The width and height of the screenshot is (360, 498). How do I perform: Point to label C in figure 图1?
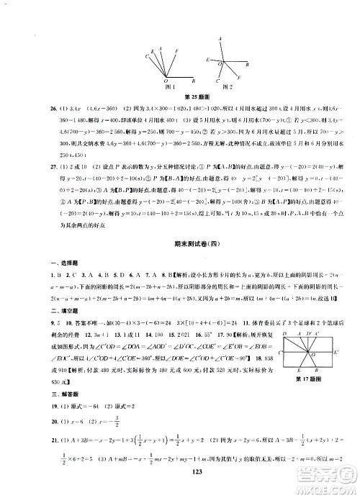click(x=147, y=55)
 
